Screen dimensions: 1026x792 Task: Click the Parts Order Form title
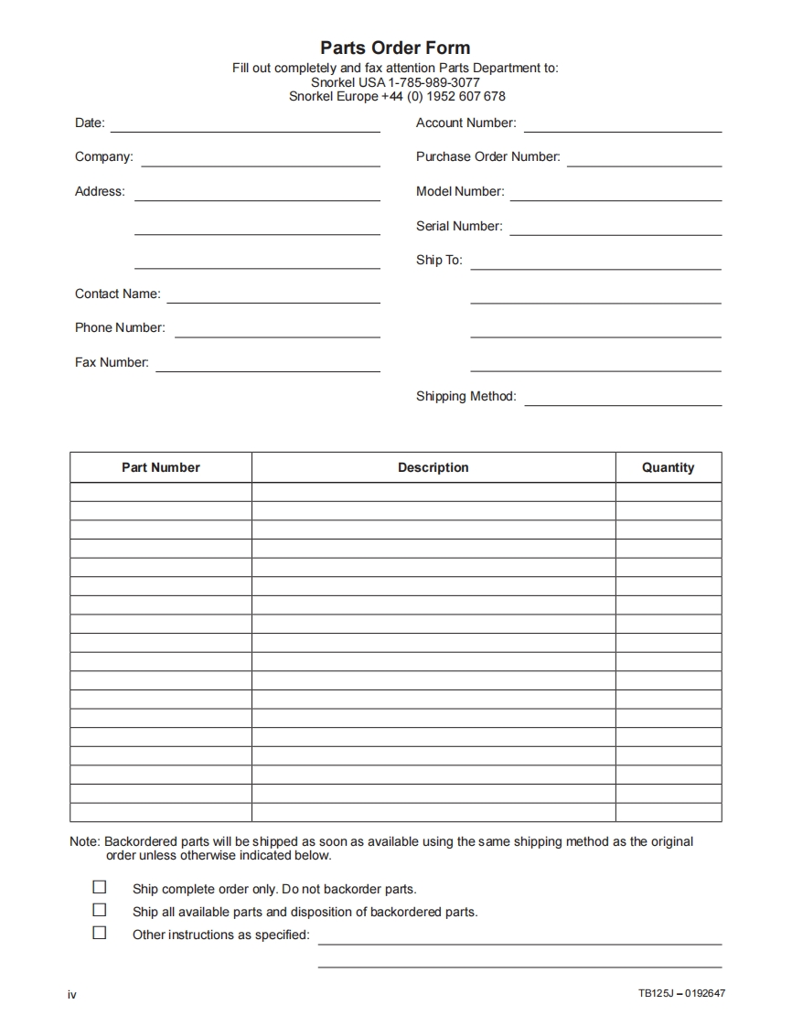pos(395,48)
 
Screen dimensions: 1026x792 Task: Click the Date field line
pos(245,131)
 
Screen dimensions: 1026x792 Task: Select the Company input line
pos(261,165)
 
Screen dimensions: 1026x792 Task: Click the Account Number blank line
pos(622,131)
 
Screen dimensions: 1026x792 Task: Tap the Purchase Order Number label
pos(487,156)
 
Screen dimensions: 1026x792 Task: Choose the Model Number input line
pos(615,199)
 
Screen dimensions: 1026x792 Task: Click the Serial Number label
pos(459,226)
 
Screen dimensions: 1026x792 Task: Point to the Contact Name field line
pos(273,302)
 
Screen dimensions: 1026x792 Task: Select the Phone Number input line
pos(277,336)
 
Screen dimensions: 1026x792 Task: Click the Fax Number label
pos(112,362)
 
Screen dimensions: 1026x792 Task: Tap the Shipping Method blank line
pos(623,404)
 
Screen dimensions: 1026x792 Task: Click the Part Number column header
pos(161,467)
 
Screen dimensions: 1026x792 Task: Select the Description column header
pos(433,467)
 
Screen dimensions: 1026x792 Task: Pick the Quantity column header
pos(668,467)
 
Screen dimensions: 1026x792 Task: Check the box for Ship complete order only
pos(100,887)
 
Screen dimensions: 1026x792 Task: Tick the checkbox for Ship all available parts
pos(100,910)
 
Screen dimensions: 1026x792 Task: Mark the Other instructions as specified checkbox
pos(100,933)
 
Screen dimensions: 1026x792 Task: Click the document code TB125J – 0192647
pos(681,994)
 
